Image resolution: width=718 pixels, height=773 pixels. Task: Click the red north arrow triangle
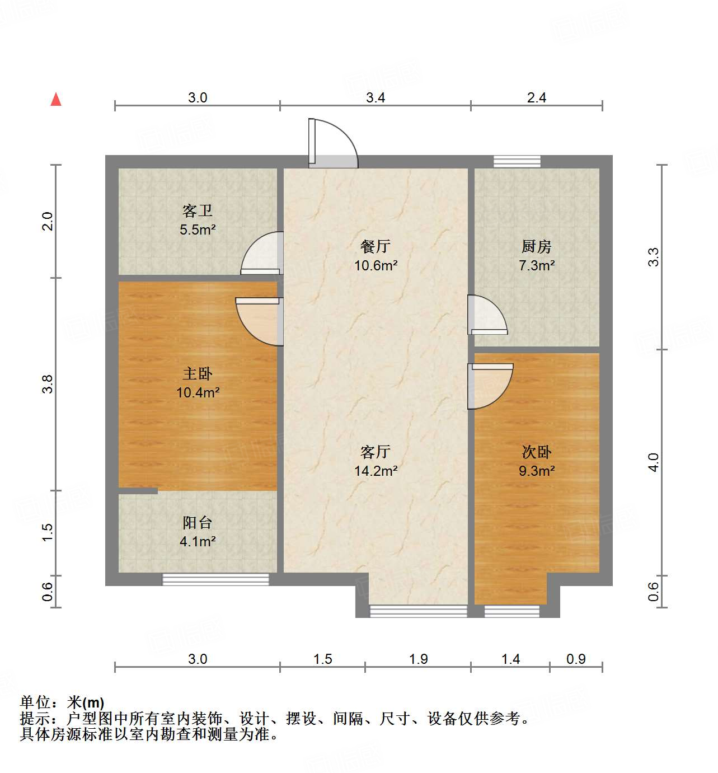[56, 100]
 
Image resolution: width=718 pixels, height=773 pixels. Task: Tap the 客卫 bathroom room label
[198, 211]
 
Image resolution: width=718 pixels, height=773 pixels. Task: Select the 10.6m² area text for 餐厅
[376, 265]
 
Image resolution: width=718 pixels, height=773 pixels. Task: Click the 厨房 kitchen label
[536, 246]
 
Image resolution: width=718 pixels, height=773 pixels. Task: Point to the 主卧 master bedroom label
[198, 373]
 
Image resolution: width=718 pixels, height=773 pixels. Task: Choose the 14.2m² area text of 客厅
[376, 471]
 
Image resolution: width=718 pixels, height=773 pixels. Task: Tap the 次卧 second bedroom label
[536, 452]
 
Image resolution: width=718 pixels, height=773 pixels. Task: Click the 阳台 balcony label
[198, 523]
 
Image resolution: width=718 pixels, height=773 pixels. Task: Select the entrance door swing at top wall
[332, 144]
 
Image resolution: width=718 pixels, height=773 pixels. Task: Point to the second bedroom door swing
[489, 385]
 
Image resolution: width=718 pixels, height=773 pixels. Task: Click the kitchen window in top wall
[517, 162]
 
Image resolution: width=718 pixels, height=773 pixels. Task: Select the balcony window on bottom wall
[215, 579]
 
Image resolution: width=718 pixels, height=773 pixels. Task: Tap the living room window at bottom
[418, 611]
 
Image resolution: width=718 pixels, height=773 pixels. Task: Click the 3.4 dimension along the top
[376, 98]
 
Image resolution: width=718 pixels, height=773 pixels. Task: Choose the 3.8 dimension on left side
[48, 384]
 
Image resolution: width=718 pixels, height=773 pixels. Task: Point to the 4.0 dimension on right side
[653, 462]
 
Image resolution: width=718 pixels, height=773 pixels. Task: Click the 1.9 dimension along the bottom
[418, 659]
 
